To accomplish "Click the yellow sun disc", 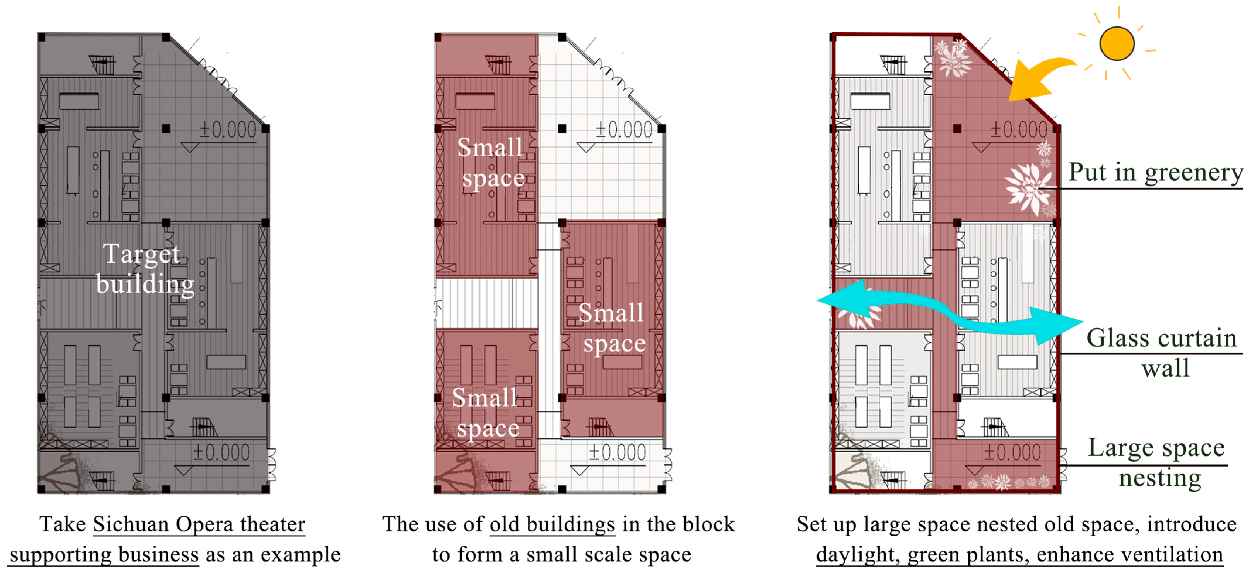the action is pyautogui.click(x=1117, y=44).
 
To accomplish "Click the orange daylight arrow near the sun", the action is pyautogui.click(x=1044, y=73).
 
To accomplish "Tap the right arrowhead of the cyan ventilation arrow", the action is pyautogui.click(x=1059, y=324).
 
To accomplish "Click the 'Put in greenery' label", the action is pyautogui.click(x=1156, y=172).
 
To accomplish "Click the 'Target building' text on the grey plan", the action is pyautogui.click(x=144, y=268).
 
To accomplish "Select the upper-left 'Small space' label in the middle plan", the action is pyautogui.click(x=491, y=163).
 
